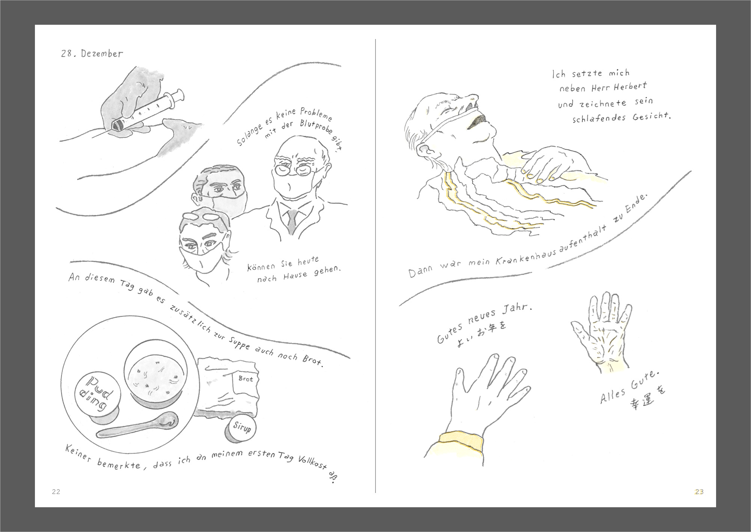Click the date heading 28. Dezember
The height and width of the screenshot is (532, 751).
(92, 54)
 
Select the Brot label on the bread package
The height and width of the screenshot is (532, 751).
(246, 379)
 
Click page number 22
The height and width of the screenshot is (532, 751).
(56, 492)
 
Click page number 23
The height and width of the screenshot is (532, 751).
(699, 492)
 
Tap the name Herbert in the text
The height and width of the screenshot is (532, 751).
(630, 87)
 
